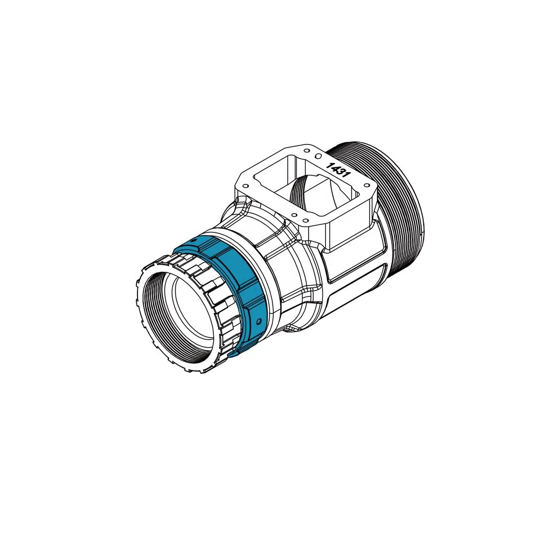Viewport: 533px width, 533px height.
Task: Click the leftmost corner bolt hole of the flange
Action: pyautogui.click(x=245, y=186)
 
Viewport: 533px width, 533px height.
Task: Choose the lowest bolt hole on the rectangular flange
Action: pyautogui.click(x=294, y=215)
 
